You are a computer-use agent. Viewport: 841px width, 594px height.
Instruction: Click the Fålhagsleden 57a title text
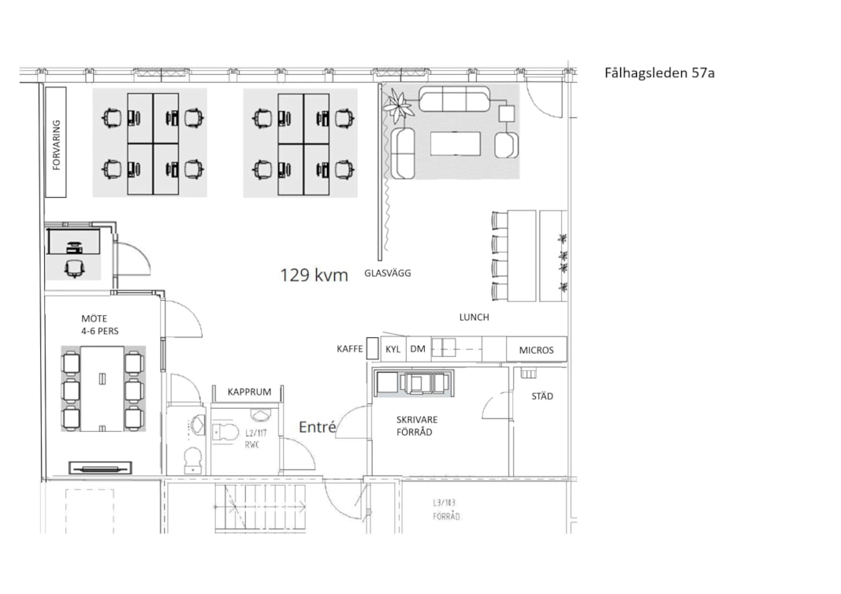pyautogui.click(x=659, y=73)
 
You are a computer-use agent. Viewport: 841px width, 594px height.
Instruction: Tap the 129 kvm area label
pyautogui.click(x=314, y=275)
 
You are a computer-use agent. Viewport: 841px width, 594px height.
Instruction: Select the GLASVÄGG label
pyautogui.click(x=387, y=273)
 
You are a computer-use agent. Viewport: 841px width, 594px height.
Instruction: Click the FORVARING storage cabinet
pyautogui.click(x=56, y=142)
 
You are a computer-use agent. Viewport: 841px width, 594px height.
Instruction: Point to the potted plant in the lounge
pyautogui.click(x=398, y=105)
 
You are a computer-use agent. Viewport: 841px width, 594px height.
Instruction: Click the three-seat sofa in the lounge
pyautogui.click(x=454, y=98)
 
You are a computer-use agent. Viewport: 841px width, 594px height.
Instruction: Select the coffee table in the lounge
pyautogui.click(x=456, y=143)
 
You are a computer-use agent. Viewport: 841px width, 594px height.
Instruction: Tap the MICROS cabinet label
pyautogui.click(x=536, y=350)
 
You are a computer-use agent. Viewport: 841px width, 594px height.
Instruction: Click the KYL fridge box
pyautogui.click(x=393, y=349)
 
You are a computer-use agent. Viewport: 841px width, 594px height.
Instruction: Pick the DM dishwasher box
pyautogui.click(x=418, y=349)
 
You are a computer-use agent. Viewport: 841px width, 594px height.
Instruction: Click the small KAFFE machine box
pyautogui.click(x=372, y=348)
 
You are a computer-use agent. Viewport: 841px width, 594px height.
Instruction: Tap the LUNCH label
pyautogui.click(x=474, y=317)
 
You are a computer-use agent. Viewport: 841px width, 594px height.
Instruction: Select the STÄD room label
pyautogui.click(x=541, y=396)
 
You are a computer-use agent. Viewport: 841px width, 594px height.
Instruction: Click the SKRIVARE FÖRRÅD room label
pyautogui.click(x=417, y=425)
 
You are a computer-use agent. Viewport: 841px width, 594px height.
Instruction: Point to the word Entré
pyautogui.click(x=317, y=427)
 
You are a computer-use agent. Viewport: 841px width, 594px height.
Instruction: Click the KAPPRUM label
pyautogui.click(x=249, y=392)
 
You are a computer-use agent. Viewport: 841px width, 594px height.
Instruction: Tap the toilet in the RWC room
pyautogui.click(x=225, y=432)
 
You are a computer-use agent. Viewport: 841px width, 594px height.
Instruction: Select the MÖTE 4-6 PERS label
pyautogui.click(x=100, y=325)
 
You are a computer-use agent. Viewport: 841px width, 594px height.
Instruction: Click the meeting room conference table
pyautogui.click(x=102, y=388)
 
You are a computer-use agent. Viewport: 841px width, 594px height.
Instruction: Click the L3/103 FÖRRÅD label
pyautogui.click(x=446, y=510)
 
